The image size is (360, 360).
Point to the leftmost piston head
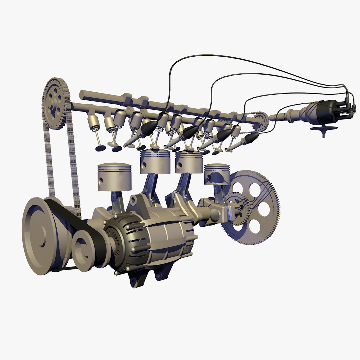pos(114,177)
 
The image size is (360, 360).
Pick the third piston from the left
pos(189,162)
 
